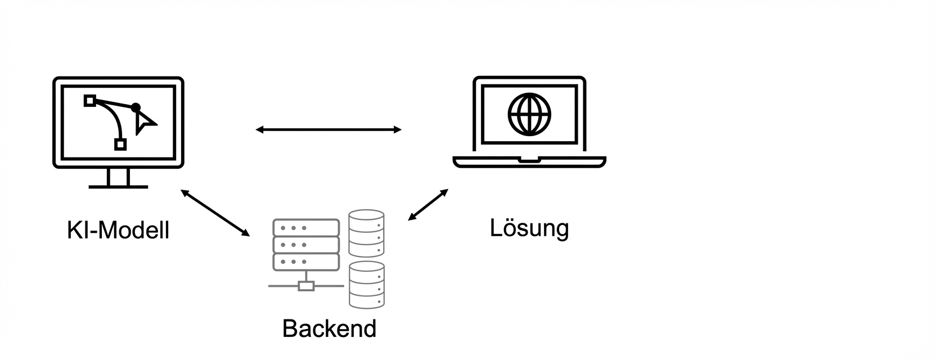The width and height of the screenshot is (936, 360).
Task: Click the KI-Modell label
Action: pos(118,231)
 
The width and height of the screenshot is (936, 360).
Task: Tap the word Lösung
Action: pos(529,228)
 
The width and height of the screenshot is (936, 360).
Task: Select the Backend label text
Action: pos(329,328)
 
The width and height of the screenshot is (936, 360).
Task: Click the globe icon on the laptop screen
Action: pos(529,114)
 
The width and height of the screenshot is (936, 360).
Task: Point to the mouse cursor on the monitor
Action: pos(144,121)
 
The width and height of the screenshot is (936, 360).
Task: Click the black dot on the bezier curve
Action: pos(136,107)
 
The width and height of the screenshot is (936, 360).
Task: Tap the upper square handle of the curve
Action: pos(89,101)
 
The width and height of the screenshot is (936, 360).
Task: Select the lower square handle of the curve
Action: pos(120,145)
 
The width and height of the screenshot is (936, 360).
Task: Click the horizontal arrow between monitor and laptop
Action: pos(328,130)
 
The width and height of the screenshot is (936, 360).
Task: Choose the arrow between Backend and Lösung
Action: pos(428,205)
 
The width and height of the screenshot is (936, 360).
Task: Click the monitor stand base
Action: pos(118,186)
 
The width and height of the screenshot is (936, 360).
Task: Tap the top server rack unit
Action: pos(306,228)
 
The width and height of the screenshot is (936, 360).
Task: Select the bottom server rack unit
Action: pos(306,262)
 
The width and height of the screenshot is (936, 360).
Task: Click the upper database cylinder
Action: pos(366,233)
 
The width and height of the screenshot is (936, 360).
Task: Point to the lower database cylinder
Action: pos(366,285)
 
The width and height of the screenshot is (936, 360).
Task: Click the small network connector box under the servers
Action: pos(306,286)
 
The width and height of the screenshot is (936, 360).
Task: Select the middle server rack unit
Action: pos(306,245)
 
